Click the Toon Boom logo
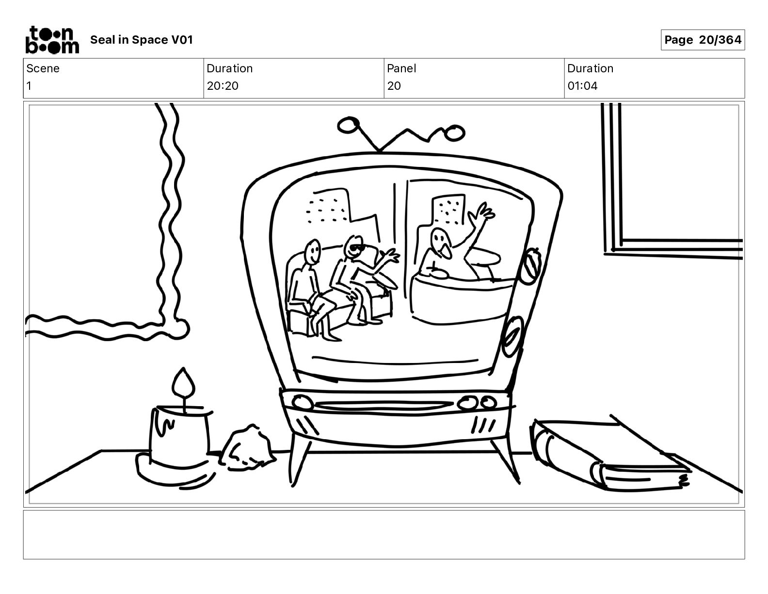tap(52, 40)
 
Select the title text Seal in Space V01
tap(142, 40)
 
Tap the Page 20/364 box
tap(702, 40)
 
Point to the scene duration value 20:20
tap(223, 85)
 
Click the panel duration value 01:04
tap(582, 85)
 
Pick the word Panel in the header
tap(401, 68)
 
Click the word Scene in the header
tap(43, 68)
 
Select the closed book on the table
tap(609, 455)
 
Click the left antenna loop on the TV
tap(348, 125)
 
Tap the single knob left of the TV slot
tap(302, 402)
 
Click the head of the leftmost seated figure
tap(312, 251)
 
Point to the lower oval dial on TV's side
tap(512, 336)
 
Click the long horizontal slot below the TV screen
tap(384, 405)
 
